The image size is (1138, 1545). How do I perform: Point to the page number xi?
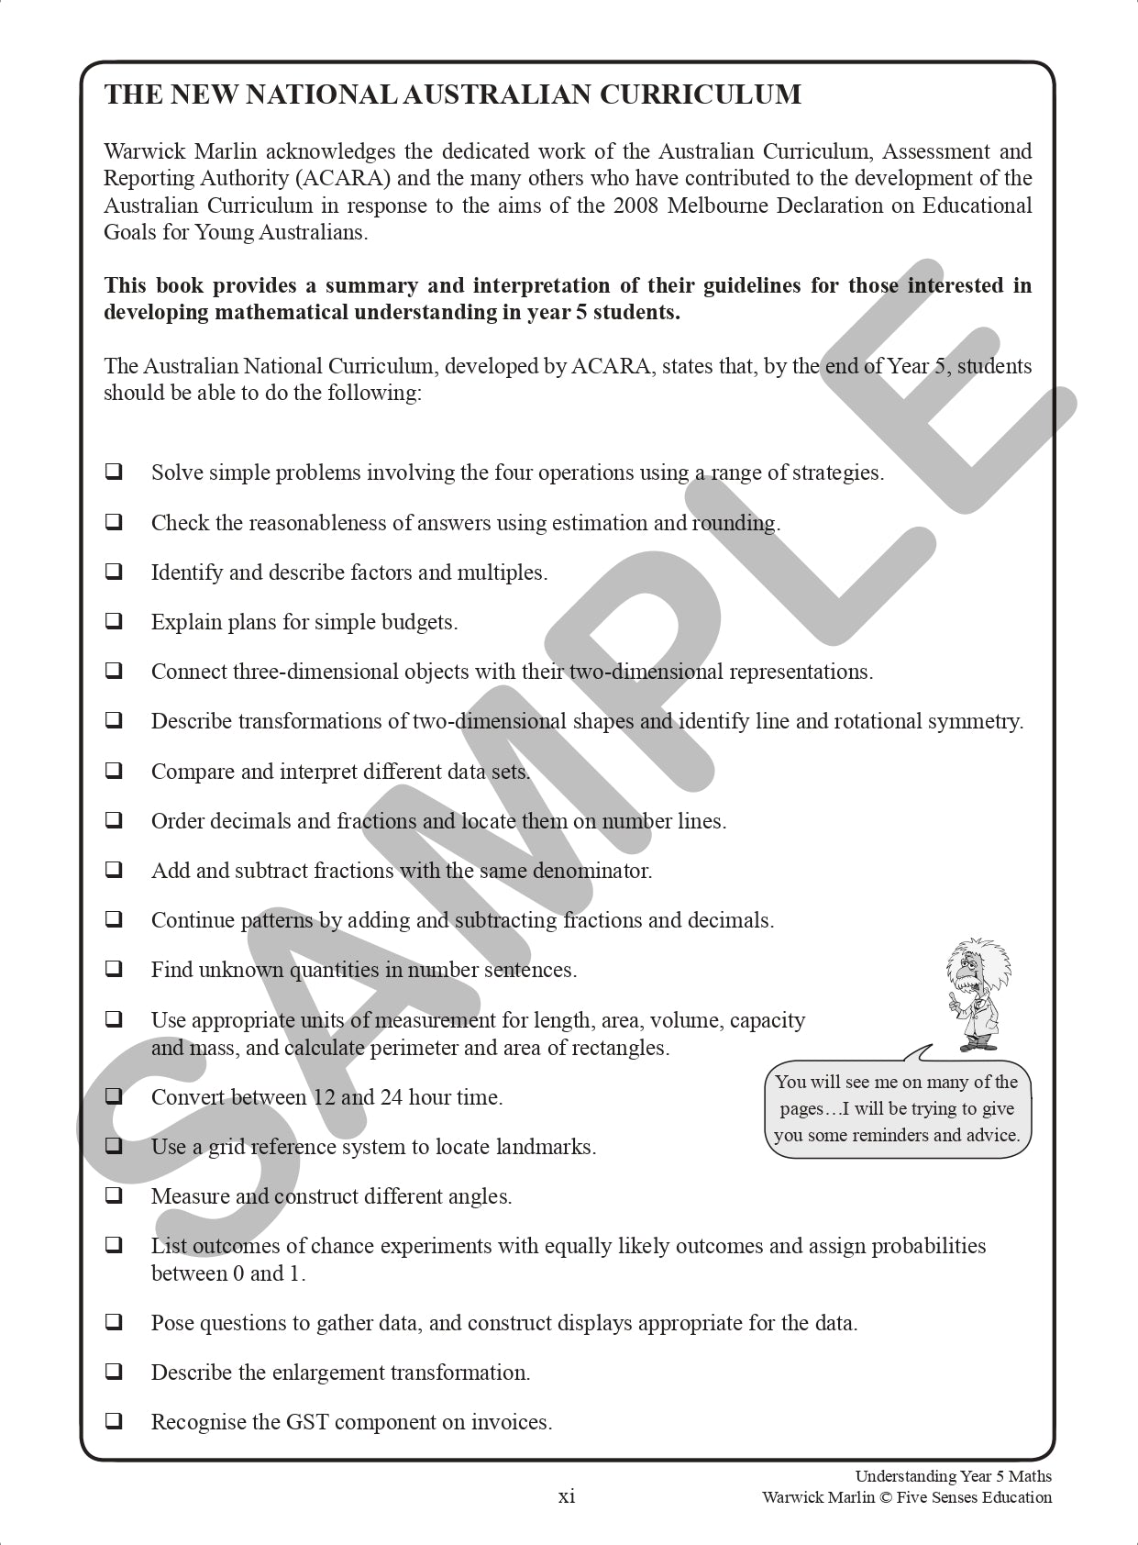[567, 1496]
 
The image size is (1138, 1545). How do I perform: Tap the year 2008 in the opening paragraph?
[635, 205]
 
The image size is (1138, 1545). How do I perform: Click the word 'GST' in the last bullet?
[307, 1422]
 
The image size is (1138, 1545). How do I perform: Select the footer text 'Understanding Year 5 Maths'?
[953, 1476]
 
